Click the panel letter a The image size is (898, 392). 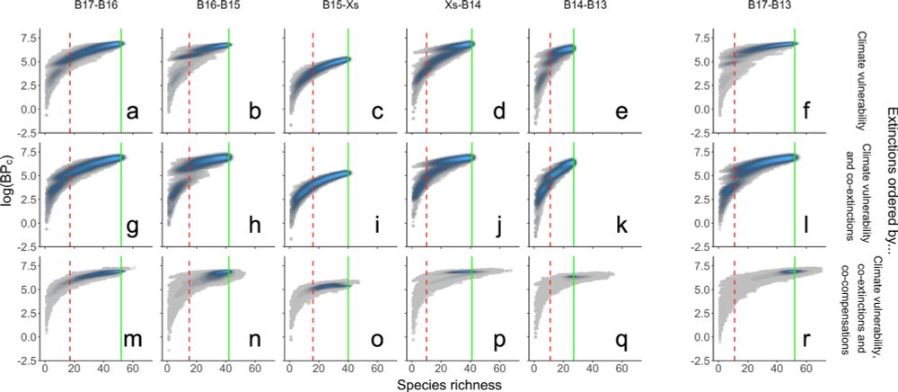[133, 112]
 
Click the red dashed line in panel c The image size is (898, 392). [313, 81]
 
